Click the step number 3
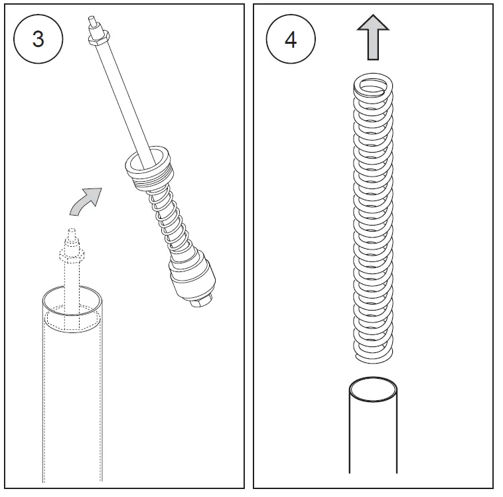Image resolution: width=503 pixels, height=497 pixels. pos(38,39)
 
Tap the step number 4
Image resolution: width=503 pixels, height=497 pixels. pos(290,39)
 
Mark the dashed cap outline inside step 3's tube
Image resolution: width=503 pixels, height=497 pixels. pos(72,321)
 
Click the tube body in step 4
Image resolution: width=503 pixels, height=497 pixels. pos(373,438)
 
